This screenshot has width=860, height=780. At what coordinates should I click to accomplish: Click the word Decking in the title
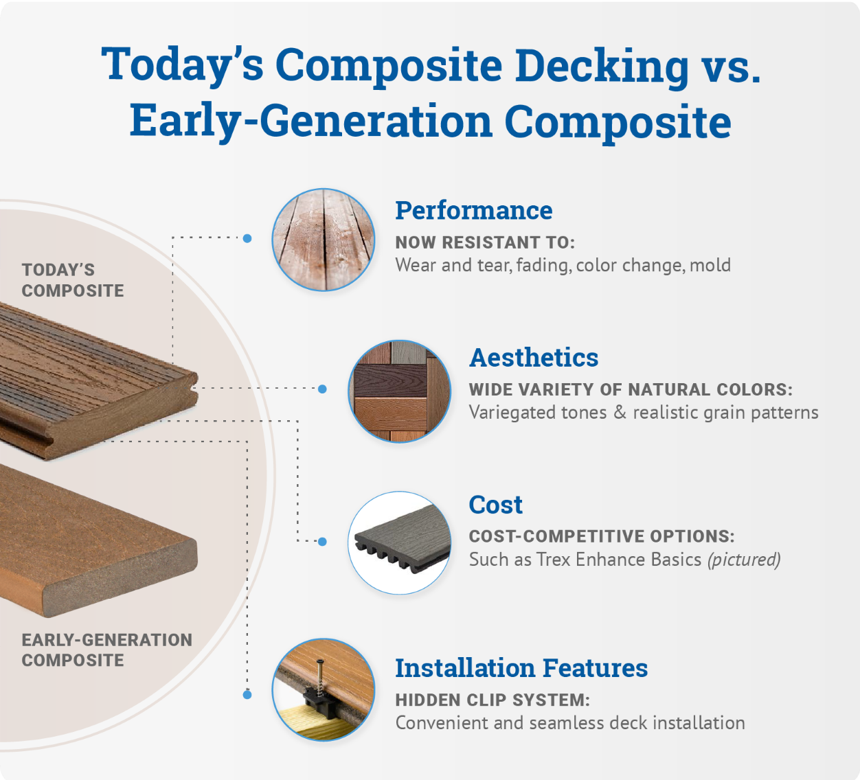pyautogui.click(x=602, y=66)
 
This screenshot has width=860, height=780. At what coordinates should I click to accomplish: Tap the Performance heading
pyautogui.click(x=473, y=211)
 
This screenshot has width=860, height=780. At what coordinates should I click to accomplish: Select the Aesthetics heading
pyautogui.click(x=534, y=358)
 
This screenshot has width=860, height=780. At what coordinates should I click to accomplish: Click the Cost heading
pyautogui.click(x=495, y=505)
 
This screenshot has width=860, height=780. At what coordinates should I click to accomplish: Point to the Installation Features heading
pyautogui.click(x=521, y=668)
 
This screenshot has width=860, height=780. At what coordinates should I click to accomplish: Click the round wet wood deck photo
pyautogui.click(x=324, y=240)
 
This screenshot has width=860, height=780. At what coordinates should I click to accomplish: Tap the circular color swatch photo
pyautogui.click(x=399, y=391)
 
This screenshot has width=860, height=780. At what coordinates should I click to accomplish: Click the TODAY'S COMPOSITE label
pyautogui.click(x=73, y=280)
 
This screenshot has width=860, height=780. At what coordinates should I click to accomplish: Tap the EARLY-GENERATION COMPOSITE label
pyautogui.click(x=106, y=650)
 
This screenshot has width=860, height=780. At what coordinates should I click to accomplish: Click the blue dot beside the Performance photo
pyautogui.click(x=247, y=238)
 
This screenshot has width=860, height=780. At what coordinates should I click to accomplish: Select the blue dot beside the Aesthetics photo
pyautogui.click(x=322, y=389)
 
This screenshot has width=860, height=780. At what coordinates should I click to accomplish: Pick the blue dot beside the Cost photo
pyautogui.click(x=322, y=542)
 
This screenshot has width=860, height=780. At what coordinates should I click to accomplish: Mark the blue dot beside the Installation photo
pyautogui.click(x=247, y=695)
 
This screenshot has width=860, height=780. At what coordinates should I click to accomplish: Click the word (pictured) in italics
pyautogui.click(x=744, y=560)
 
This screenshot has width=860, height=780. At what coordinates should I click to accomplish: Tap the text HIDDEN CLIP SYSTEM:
pyautogui.click(x=492, y=700)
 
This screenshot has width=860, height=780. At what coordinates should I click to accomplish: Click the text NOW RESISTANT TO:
pyautogui.click(x=485, y=243)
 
